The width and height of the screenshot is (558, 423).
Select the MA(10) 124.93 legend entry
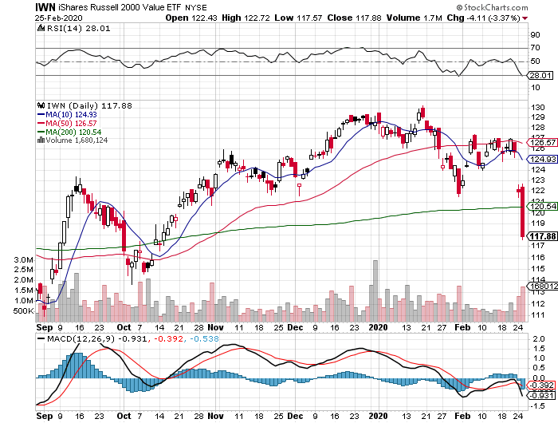coord(73,114)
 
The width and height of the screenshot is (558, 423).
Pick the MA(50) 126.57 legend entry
coord(73,123)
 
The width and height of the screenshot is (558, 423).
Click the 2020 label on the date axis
coord(378,327)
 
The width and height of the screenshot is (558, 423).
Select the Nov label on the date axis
coord(217,327)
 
